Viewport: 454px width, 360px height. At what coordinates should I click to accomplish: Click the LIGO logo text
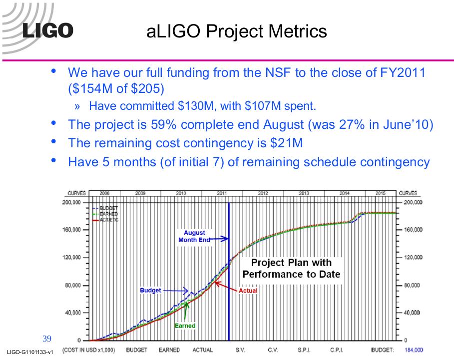pos(48,30)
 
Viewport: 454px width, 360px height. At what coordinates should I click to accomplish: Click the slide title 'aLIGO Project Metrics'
pos(237,31)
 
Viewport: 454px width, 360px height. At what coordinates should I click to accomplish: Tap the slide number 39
pos(47,339)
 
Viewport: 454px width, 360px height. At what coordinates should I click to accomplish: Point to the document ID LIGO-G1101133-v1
pos(30,352)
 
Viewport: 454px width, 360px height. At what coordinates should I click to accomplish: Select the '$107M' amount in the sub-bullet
pos(263,106)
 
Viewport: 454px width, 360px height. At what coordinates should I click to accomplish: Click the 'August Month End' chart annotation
pos(194,236)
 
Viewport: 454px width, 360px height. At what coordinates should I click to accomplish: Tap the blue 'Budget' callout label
pos(150,290)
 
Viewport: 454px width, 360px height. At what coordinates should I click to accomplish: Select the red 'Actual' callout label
pos(248,291)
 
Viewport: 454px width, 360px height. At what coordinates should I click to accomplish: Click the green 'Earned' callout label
pos(185,326)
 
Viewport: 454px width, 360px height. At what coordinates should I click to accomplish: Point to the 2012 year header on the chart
pos(263,193)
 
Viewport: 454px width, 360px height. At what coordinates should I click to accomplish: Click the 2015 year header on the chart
pos(381,193)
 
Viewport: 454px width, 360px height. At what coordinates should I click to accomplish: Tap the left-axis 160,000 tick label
pos(71,230)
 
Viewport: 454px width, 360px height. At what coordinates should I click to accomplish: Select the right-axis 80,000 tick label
pos(412,285)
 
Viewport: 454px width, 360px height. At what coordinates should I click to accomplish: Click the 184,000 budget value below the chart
pos(414,350)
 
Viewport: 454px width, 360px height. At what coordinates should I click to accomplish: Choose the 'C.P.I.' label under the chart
pos(337,350)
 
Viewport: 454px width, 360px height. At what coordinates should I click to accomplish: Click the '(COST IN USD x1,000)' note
pos(88,350)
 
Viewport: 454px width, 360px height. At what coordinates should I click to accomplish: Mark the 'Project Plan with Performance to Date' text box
pos(291,268)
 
